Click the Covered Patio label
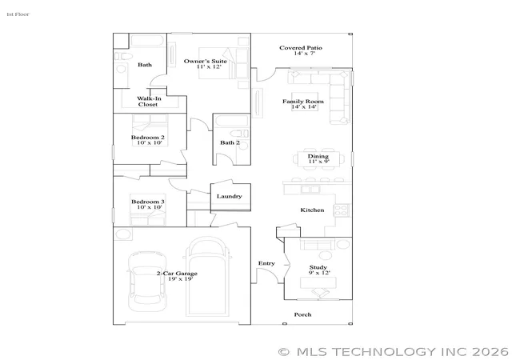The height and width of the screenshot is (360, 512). pos(301,48)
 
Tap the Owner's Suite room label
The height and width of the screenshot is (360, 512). pos(205,61)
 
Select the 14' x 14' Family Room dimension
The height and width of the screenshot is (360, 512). pos(304,107)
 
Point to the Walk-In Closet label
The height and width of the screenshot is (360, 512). pos(149,102)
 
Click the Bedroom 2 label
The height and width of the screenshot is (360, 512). pos(147,138)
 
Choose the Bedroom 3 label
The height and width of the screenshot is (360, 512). pos(147,202)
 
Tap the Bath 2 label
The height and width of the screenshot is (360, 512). pos(230,142)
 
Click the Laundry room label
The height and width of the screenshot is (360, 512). pos(230,196)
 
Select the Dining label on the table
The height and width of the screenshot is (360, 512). pos(318,156)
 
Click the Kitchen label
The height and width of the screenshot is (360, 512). pos(312,210)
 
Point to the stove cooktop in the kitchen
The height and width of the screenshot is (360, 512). pos(342,210)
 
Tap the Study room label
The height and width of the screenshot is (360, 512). pos(318,267)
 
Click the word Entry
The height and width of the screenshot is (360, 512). pos(266,263)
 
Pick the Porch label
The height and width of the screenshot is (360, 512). pos(302,314)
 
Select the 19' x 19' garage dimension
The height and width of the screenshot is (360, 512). pos(181,279)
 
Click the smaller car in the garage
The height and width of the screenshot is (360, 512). pos(147,282)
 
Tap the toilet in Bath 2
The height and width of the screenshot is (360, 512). pos(239,134)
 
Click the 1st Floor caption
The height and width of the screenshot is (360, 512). pos(18,14)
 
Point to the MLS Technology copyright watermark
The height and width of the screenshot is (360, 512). pos(393,352)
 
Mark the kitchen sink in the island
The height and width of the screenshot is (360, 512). pos(310,190)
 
